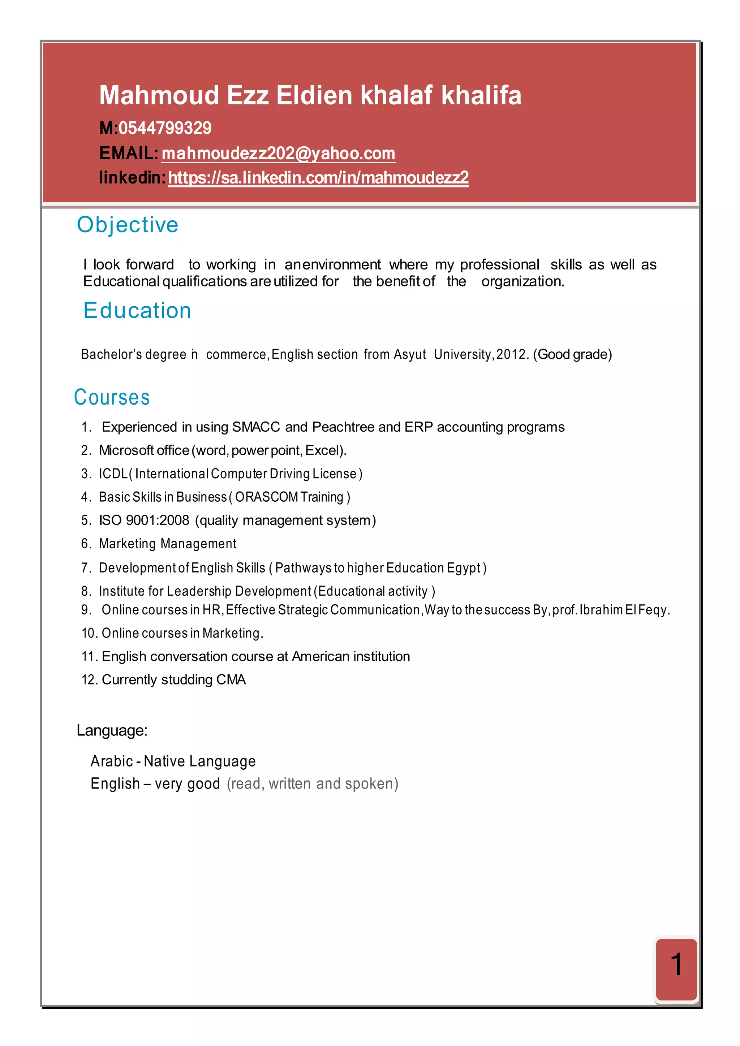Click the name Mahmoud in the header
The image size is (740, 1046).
click(x=159, y=95)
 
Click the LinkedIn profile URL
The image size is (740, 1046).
click(x=318, y=178)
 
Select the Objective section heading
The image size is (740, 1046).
click(x=128, y=225)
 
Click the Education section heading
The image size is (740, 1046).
click(x=137, y=311)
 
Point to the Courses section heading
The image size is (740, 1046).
click(x=112, y=397)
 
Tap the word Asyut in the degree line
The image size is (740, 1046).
click(x=410, y=354)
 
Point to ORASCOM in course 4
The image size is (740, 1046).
click(x=267, y=497)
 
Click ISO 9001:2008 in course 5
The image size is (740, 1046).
click(x=144, y=520)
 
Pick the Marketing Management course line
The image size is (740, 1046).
click(x=168, y=544)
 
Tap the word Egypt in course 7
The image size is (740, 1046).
click(x=464, y=568)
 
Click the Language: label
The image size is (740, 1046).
click(x=112, y=731)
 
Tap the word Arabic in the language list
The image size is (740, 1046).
click(x=112, y=761)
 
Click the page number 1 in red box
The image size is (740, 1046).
click(x=676, y=964)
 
